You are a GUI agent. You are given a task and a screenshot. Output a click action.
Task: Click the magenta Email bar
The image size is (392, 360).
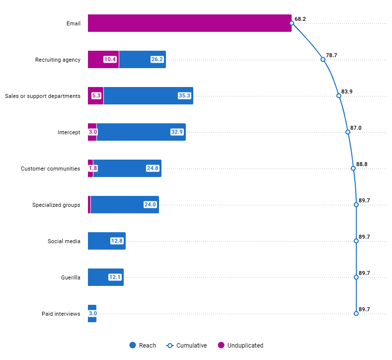pyautogui.click(x=189, y=23)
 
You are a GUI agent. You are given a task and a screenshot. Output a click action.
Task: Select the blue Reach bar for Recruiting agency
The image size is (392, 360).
pyautogui.click(x=142, y=60)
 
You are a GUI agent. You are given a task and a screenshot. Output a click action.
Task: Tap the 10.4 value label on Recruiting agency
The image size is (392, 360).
pyautogui.click(x=110, y=60)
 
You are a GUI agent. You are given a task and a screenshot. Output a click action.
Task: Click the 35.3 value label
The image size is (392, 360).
pyautogui.click(x=184, y=96)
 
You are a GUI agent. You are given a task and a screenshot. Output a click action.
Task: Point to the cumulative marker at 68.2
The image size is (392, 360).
pyautogui.click(x=292, y=23)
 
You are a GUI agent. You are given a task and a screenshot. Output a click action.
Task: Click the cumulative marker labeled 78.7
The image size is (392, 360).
pyautogui.click(x=323, y=59)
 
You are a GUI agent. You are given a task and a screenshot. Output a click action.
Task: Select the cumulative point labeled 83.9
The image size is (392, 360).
pyautogui.click(x=339, y=95)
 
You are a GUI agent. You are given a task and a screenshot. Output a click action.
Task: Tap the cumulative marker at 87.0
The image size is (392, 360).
pyautogui.click(x=348, y=132)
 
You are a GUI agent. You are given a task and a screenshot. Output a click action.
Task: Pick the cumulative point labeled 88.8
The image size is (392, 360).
pyautogui.click(x=353, y=168)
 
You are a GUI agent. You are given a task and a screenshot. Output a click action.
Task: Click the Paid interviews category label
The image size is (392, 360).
pyautogui.click(x=61, y=314)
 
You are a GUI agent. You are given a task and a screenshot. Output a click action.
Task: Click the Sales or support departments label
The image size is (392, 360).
pyautogui.click(x=42, y=96)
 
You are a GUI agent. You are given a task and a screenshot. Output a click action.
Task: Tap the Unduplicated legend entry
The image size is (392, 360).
pyautogui.click(x=240, y=346)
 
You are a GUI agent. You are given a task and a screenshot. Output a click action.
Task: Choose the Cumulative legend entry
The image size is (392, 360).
pyautogui.click(x=186, y=346)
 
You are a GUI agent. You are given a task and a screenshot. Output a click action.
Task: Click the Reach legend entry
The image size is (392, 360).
pyautogui.click(x=143, y=346)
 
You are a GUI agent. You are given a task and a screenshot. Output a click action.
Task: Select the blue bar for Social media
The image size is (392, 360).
pyautogui.click(x=106, y=241)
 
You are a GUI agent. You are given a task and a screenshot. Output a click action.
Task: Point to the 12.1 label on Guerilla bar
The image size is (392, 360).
pyautogui.click(x=115, y=277)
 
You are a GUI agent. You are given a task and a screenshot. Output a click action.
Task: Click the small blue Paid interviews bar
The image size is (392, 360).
pyautogui.click(x=92, y=314)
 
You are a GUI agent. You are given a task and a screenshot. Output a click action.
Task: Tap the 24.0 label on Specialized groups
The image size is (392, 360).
pyautogui.click(x=150, y=205)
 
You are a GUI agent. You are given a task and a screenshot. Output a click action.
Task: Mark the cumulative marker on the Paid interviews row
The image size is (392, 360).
pyautogui.click(x=356, y=313)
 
